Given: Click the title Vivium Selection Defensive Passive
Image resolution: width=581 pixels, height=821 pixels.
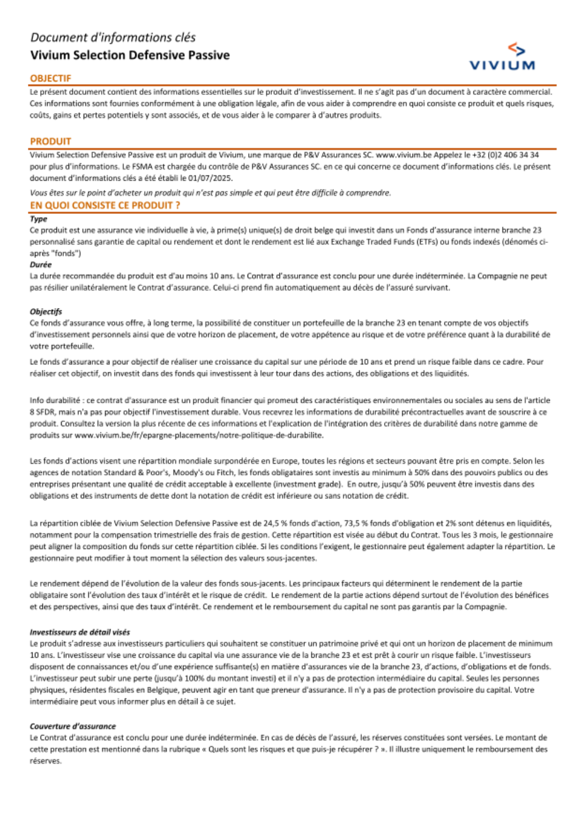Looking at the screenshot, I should pyautogui.click(x=130, y=55).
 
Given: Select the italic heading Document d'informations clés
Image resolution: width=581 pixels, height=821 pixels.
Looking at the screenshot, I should pyautogui.click(x=113, y=38).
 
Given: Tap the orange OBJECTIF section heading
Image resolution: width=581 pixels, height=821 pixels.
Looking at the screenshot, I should pyautogui.click(x=51, y=78).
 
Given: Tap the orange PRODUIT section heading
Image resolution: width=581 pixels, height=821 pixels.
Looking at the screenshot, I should pyautogui.click(x=51, y=141).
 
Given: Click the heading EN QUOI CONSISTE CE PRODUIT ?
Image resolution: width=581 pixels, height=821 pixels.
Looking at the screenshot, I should pyautogui.click(x=105, y=205).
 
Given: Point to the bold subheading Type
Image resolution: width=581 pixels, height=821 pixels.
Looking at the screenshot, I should pyautogui.click(x=38, y=219).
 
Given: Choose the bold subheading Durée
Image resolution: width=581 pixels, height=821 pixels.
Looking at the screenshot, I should pyautogui.click(x=41, y=264).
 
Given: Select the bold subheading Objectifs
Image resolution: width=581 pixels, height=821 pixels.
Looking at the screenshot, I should pyautogui.click(x=45, y=311).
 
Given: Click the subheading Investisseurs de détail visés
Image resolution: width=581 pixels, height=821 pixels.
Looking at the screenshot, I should pyautogui.click(x=80, y=632).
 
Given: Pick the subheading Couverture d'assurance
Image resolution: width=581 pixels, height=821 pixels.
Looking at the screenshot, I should pyautogui.click(x=73, y=726).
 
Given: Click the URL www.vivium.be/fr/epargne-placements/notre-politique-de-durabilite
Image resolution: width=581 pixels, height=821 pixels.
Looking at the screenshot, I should pyautogui.click(x=199, y=435).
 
